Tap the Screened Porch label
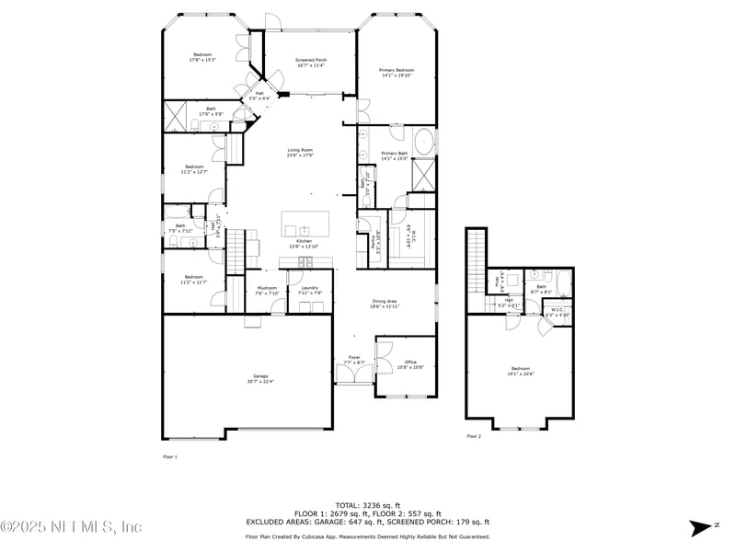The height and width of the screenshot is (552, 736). tap(310, 63)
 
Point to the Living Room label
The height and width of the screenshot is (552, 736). tap(301, 153)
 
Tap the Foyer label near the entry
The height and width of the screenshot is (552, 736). tap(354, 360)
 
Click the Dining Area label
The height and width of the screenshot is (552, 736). tap(384, 303)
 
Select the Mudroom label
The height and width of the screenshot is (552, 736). tap(267, 292)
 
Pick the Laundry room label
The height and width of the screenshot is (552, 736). tap(309, 292)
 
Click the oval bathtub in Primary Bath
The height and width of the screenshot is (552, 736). tap(423, 143)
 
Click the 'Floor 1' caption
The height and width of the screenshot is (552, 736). tap(169, 456)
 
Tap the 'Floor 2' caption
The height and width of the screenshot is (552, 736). tap(473, 436)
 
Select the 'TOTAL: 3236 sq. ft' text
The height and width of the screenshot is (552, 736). tap(367, 505)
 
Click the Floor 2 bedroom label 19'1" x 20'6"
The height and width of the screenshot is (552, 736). tap(520, 373)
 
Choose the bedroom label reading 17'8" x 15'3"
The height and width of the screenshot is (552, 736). tap(202, 57)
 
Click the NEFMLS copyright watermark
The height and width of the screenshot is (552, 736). tap(71, 527)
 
